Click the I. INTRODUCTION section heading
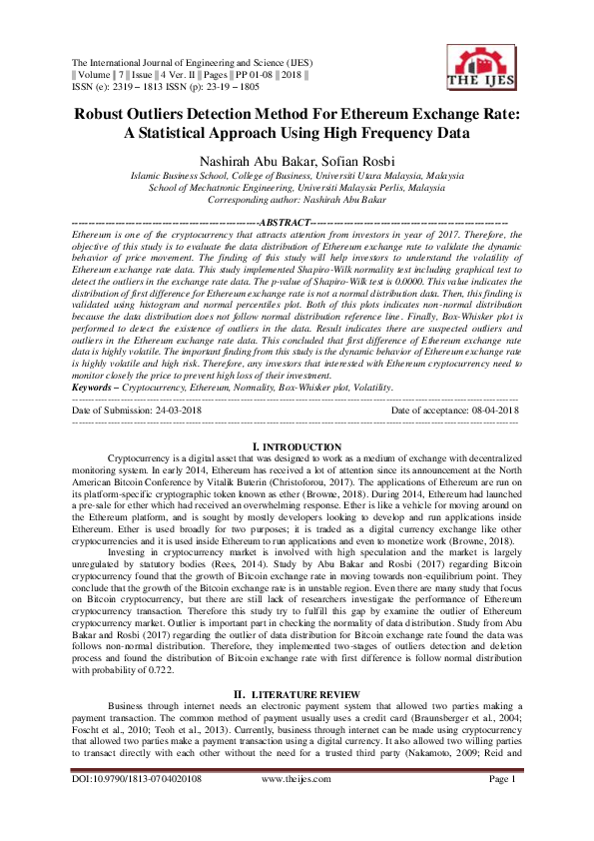297,446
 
